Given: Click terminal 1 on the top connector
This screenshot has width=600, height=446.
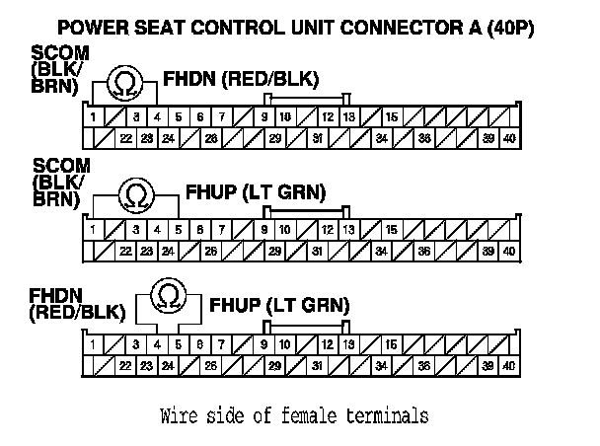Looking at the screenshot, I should click(x=92, y=117).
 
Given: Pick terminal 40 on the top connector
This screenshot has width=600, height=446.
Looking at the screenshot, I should click(x=508, y=139).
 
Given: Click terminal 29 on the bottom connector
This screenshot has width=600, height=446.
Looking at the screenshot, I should click(x=274, y=366).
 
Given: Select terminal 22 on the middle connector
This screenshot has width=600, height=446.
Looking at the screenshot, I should click(x=126, y=252).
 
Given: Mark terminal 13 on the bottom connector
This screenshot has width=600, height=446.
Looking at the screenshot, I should click(x=348, y=345).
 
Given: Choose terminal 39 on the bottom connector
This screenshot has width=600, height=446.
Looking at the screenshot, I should click(x=487, y=366).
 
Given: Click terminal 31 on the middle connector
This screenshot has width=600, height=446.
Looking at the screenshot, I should click(x=317, y=252).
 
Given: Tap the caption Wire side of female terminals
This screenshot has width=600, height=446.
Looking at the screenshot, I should click(x=294, y=414).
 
